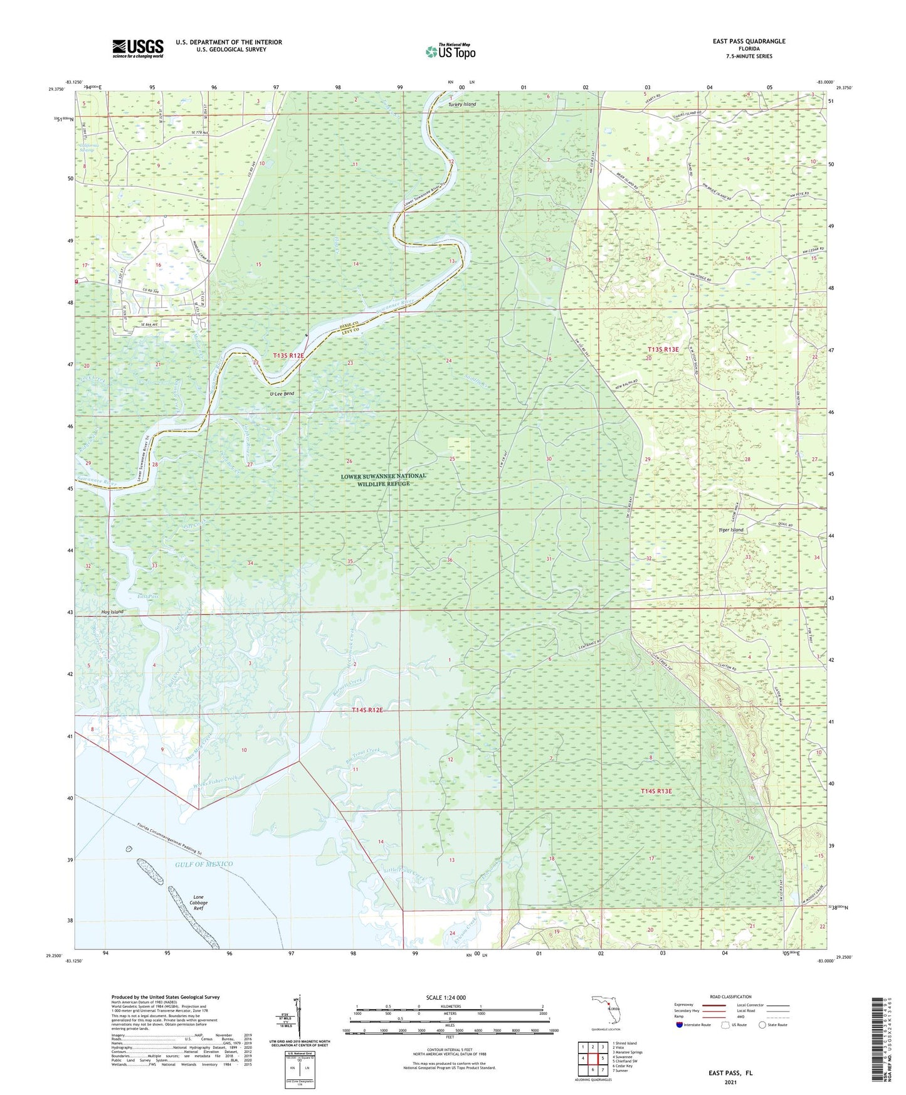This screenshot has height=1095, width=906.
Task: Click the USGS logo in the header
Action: (137, 48)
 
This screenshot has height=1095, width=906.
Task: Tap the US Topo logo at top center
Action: (450, 51)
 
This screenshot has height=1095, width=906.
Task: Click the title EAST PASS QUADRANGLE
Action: (749, 41)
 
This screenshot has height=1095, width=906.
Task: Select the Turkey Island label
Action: (462, 104)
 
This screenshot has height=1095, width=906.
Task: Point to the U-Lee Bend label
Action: (282, 394)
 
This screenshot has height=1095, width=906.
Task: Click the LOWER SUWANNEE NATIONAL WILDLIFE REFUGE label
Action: (384, 480)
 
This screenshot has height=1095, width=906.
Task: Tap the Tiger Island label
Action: (730, 530)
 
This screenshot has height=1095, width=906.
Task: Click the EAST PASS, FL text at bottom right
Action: (732, 1073)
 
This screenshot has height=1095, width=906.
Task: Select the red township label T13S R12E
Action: (288, 356)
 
